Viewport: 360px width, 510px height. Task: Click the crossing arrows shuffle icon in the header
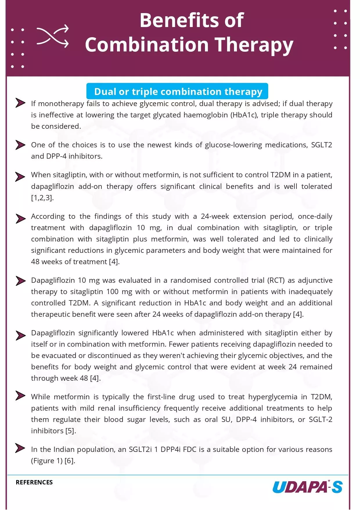(x=53, y=36)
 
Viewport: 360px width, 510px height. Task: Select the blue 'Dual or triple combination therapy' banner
(x=177, y=92)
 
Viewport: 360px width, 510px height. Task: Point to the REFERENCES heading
(x=34, y=482)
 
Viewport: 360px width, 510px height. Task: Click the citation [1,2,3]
(x=42, y=198)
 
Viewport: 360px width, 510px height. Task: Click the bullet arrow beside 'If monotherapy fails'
(x=20, y=103)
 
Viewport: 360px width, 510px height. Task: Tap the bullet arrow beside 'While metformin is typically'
(x=20, y=396)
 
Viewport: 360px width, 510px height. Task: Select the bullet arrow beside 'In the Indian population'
(x=20, y=448)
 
